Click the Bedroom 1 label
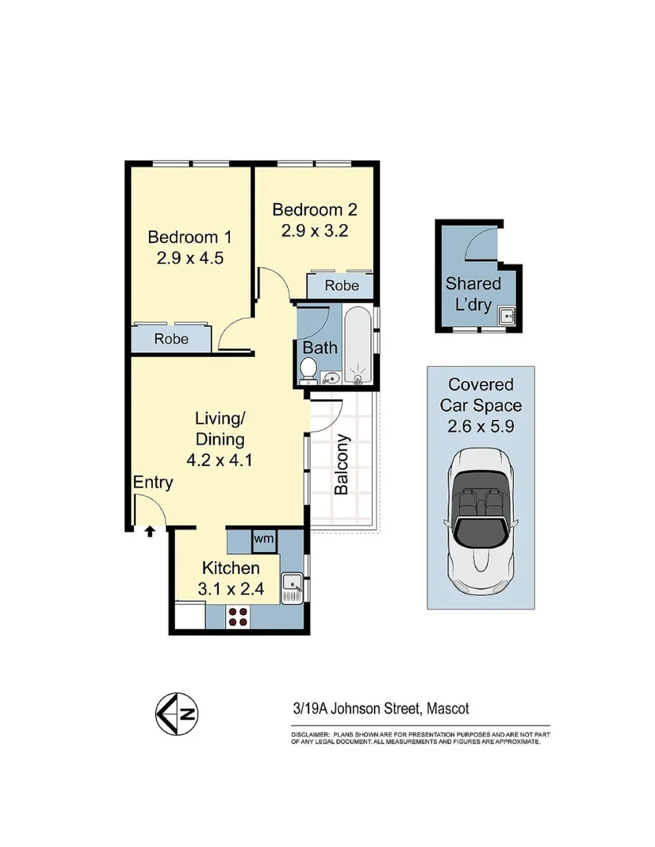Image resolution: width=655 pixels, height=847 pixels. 191,237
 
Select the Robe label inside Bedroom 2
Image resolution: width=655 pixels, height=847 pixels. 341,285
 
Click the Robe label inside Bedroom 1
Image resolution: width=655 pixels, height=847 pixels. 171,339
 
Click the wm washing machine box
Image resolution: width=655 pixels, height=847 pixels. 264,539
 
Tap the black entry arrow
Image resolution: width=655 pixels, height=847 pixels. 150,531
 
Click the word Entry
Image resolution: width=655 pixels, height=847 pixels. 153,482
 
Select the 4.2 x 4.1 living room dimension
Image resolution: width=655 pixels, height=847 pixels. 219,460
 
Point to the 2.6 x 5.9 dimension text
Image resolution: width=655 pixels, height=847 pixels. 481,427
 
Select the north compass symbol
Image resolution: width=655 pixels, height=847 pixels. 176,714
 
